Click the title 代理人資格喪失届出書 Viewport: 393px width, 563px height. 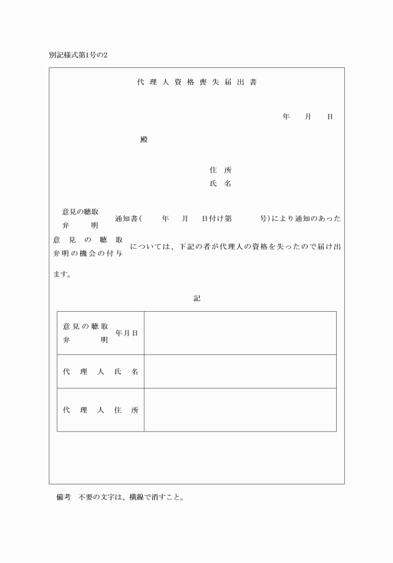coord(196,83)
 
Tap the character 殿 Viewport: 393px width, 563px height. coord(144,140)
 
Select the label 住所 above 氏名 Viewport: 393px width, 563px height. coord(221,170)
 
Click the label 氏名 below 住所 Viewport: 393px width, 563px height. coord(221,184)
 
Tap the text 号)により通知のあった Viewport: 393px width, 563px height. coord(301,219)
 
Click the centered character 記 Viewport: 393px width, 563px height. coord(196,299)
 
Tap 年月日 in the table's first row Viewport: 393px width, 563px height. coord(127,334)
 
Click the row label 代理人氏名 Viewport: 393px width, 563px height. coord(100,372)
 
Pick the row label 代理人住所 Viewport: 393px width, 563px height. coord(100,410)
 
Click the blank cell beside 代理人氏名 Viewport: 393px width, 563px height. coord(240,372)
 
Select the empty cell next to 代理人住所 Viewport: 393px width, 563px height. coord(240,410)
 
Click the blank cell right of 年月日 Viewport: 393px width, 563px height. coord(240,333)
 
